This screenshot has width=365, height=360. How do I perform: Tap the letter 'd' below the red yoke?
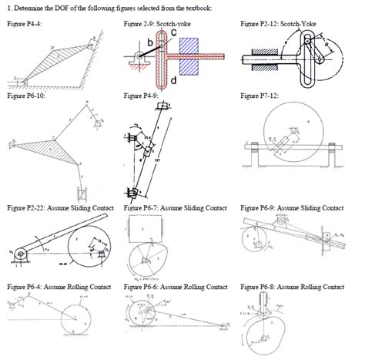[x=174, y=79]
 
